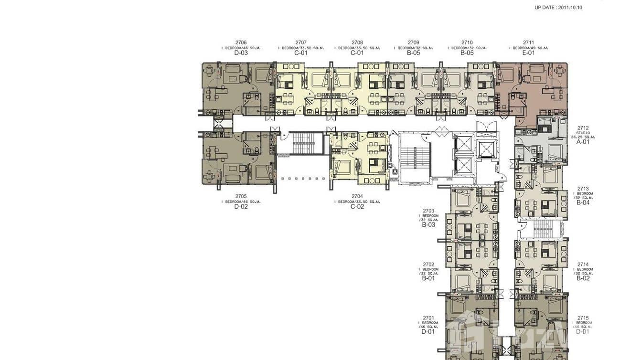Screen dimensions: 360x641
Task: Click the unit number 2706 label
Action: click(241, 42)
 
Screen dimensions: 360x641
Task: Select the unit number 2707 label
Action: click(301, 42)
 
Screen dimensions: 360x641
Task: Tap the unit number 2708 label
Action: click(357, 42)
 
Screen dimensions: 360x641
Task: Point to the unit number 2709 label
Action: click(413, 42)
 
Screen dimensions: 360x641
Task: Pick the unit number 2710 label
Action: click(467, 42)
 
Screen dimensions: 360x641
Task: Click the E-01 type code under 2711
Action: click(528, 53)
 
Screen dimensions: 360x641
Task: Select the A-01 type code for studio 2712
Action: click(583, 142)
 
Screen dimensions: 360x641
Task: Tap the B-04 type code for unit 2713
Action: click(583, 202)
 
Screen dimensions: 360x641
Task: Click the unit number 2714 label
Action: click(583, 264)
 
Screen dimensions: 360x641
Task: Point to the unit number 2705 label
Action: click(241, 196)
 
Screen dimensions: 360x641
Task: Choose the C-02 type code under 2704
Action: click(357, 207)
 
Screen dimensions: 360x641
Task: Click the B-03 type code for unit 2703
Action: click(428, 224)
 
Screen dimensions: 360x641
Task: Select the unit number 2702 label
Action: click(428, 264)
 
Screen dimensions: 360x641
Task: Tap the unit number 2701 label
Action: click(428, 318)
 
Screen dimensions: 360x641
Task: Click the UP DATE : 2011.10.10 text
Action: click(558, 8)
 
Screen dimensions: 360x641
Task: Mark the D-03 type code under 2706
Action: click(241, 53)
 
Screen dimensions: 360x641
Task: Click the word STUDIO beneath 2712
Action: click(583, 133)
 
